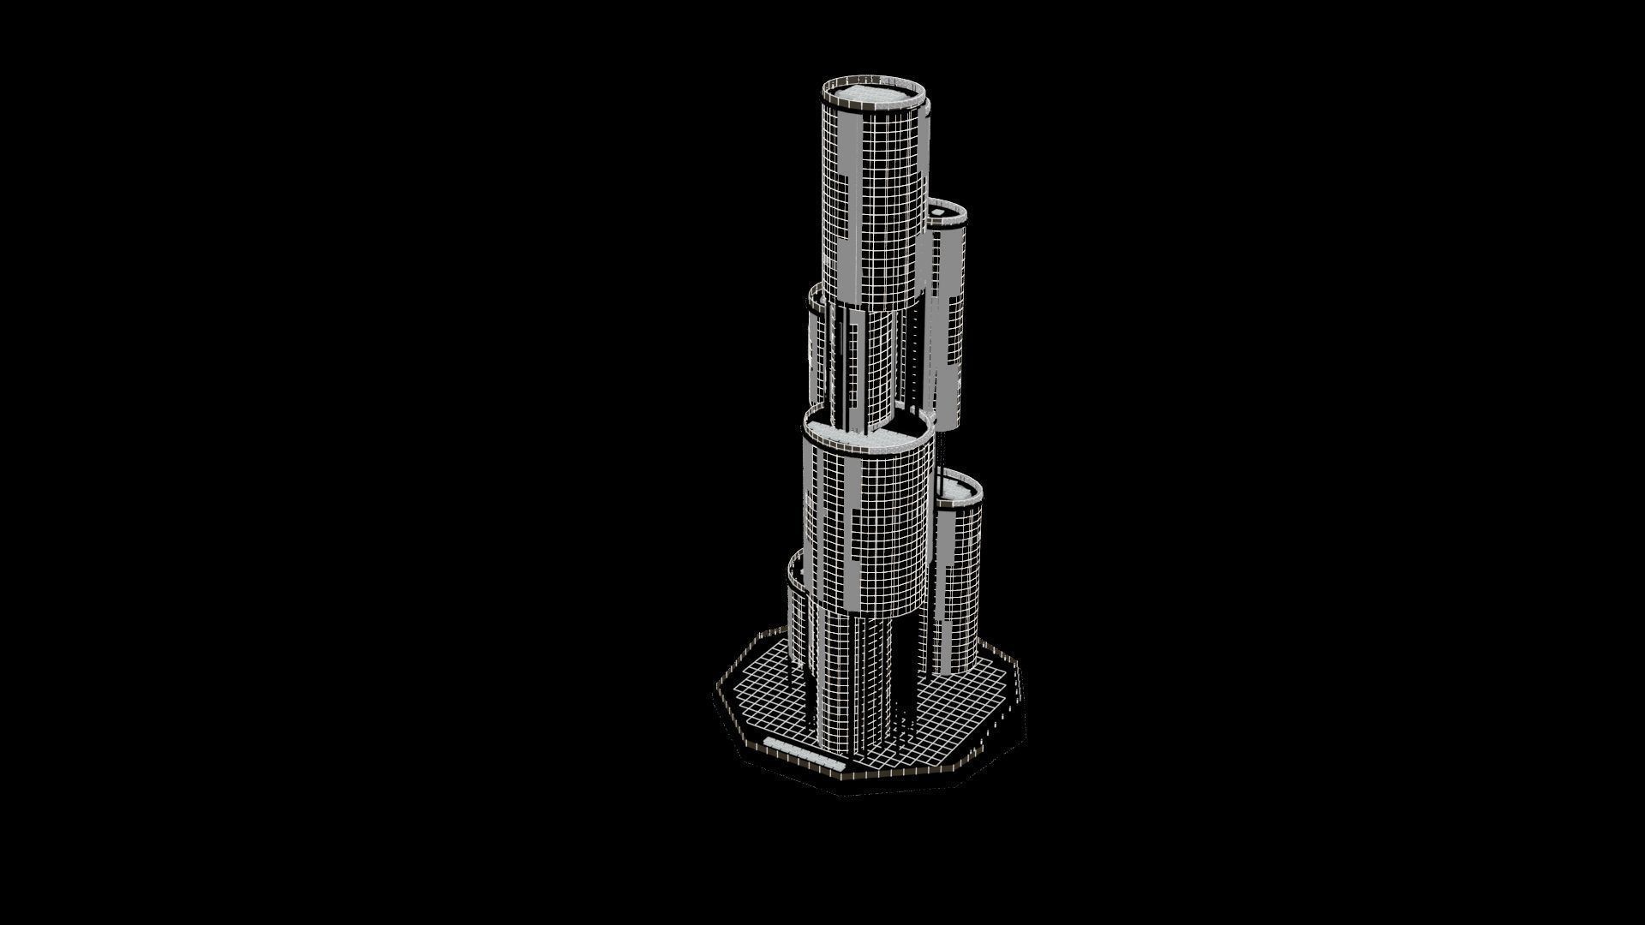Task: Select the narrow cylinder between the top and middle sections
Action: pyautogui.click(x=865, y=368)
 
